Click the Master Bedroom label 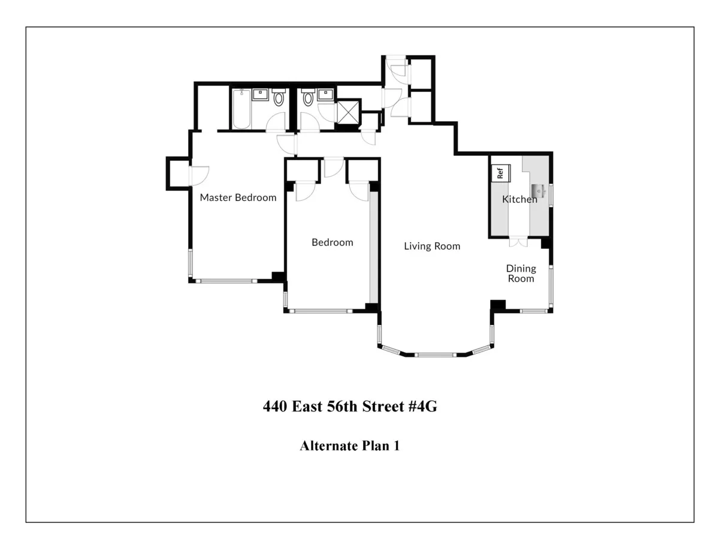click(x=238, y=197)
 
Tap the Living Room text click(x=431, y=246)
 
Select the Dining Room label click(x=520, y=274)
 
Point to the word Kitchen click(x=519, y=199)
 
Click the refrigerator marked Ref click(x=500, y=173)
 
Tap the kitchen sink click(x=537, y=191)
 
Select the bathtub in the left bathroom click(x=241, y=109)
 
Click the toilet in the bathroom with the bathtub click(x=279, y=98)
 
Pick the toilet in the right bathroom click(x=308, y=98)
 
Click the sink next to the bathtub click(x=260, y=95)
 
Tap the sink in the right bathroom click(x=325, y=95)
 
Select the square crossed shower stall click(x=348, y=112)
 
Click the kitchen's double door click(x=518, y=242)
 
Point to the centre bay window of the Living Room click(x=436, y=355)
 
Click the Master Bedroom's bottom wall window click(x=225, y=280)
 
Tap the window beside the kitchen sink click(x=551, y=196)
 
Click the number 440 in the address click(x=275, y=407)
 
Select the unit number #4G click(x=423, y=407)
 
